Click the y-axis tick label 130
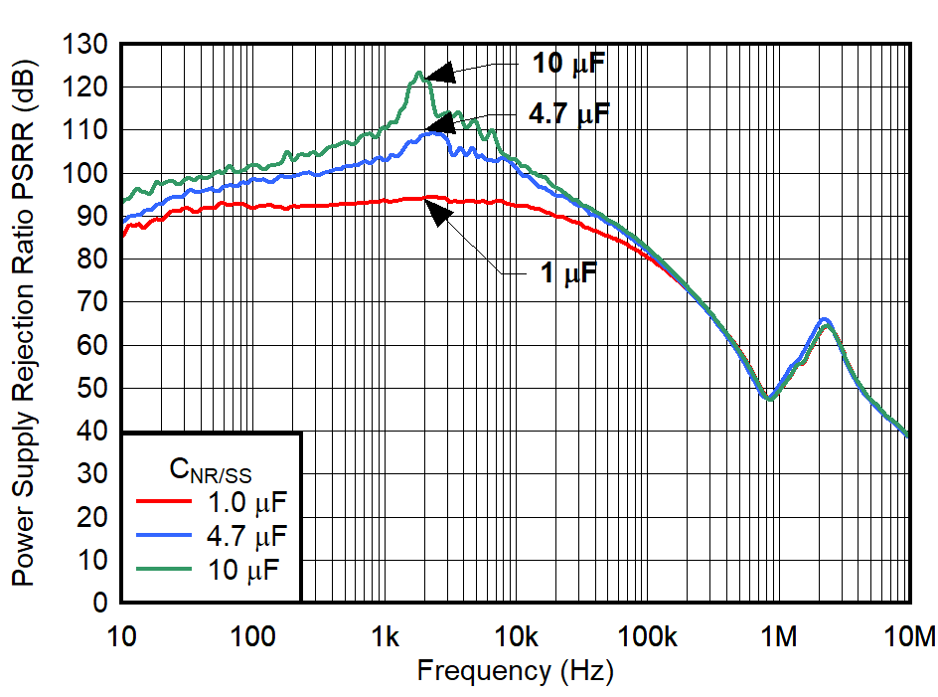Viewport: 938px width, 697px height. pos(88,45)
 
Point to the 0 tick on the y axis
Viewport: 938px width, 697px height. pos(99,603)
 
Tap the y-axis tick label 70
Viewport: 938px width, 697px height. pos(93,302)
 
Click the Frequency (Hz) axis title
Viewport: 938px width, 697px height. pos(515,671)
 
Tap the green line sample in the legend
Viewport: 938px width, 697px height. pos(164,573)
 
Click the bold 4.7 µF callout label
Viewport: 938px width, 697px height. pos(569,114)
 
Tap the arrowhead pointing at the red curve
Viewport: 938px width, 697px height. pos(434,211)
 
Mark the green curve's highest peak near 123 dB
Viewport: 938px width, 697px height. pos(419,73)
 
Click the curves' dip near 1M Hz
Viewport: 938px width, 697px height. pos(768,398)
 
